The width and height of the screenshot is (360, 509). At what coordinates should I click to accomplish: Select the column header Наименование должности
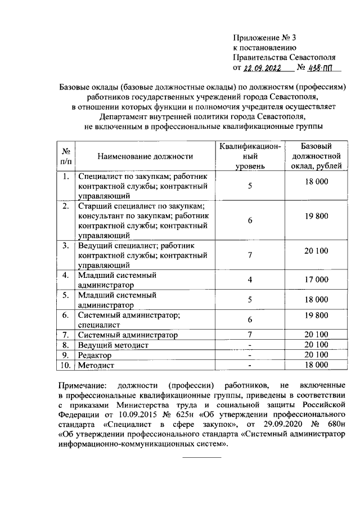[145, 156]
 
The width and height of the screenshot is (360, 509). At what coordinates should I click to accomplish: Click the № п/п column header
[66, 156]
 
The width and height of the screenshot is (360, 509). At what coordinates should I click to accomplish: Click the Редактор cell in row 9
[96, 355]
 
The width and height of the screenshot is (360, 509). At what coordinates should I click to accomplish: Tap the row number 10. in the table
[66, 365]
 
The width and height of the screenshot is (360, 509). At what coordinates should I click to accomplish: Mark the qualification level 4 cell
[250, 280]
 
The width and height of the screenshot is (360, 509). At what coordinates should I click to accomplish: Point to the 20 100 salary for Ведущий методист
[316, 345]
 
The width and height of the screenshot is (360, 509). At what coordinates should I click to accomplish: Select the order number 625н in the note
[170, 415]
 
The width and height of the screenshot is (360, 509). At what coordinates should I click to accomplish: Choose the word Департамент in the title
[123, 117]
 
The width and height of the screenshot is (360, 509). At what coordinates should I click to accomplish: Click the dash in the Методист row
[250, 365]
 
